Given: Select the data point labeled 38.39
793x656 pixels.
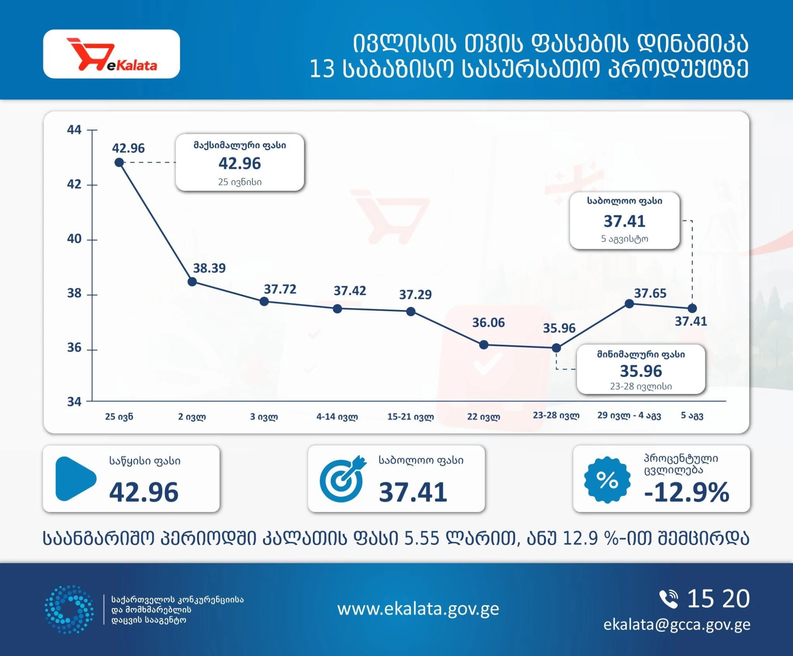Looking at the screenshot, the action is point(192,282).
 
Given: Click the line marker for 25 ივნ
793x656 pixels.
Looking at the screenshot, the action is point(119,162).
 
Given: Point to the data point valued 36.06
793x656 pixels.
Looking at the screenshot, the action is point(484,345).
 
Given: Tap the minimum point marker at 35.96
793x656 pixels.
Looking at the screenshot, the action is point(556,348).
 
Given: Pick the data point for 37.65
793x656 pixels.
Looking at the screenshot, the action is point(629,304).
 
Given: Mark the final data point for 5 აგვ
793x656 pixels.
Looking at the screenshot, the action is point(692,308).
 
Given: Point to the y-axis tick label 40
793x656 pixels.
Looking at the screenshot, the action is point(74,239).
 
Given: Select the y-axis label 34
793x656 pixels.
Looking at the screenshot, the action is point(74,402).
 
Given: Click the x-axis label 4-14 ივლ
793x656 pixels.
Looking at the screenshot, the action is point(337,417).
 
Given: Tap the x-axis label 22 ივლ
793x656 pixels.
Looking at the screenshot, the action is point(484,417).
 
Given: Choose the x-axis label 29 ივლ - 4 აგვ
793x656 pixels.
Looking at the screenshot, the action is point(629,415).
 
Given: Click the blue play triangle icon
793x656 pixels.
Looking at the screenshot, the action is point(75,479).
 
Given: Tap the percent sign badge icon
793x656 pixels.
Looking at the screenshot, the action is point(607,480).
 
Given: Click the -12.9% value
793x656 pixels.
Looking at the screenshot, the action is point(687,492).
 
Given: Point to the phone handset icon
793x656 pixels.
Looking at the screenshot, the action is point(668,599).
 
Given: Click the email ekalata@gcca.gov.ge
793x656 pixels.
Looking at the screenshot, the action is point(677,625).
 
